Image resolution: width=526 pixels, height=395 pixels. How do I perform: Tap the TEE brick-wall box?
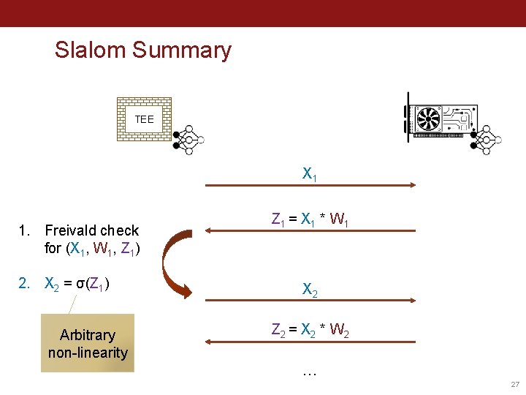(x=144, y=118)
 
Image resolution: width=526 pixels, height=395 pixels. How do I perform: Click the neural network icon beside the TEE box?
(x=188, y=132)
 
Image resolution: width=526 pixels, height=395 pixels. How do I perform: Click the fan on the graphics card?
(x=427, y=118)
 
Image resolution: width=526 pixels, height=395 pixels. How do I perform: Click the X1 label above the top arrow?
(x=310, y=175)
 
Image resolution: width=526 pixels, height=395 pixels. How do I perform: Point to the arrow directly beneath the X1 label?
(x=310, y=188)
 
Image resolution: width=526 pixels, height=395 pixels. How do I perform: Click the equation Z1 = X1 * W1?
(x=310, y=219)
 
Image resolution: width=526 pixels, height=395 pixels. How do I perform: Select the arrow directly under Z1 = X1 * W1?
(x=310, y=230)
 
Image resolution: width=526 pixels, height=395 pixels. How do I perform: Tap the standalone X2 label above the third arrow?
(x=310, y=290)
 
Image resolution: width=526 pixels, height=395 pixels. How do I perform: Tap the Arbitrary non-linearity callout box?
(x=88, y=343)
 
